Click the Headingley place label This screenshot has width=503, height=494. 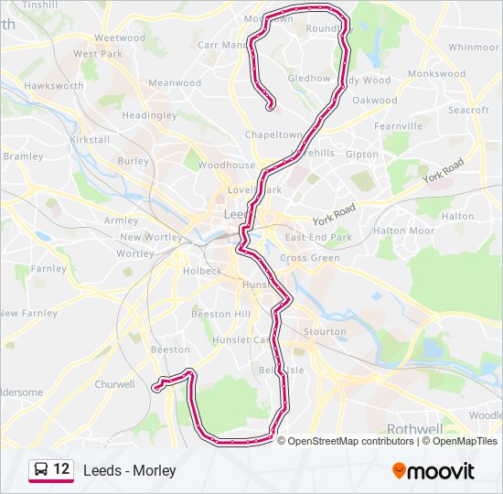click(x=149, y=115)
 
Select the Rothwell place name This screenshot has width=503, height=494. click(x=413, y=427)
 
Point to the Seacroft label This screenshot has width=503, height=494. click(x=468, y=110)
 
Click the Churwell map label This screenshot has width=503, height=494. click(x=114, y=384)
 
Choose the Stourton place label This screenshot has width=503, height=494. click(x=325, y=331)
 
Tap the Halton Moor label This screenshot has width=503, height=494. click(x=403, y=231)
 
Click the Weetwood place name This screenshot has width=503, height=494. click(x=120, y=38)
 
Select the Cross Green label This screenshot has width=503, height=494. click(x=309, y=258)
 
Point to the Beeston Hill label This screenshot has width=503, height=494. click(x=220, y=314)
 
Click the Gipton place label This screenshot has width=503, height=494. click(x=362, y=155)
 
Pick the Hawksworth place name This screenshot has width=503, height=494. click(x=48, y=85)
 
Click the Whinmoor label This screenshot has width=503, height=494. click(x=474, y=47)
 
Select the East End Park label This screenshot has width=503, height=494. click(x=318, y=237)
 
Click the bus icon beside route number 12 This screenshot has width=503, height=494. click(x=41, y=469)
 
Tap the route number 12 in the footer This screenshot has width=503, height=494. click(x=61, y=469)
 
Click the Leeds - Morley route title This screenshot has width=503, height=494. click(x=129, y=470)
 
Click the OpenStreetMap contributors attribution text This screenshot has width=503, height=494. click(x=350, y=441)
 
